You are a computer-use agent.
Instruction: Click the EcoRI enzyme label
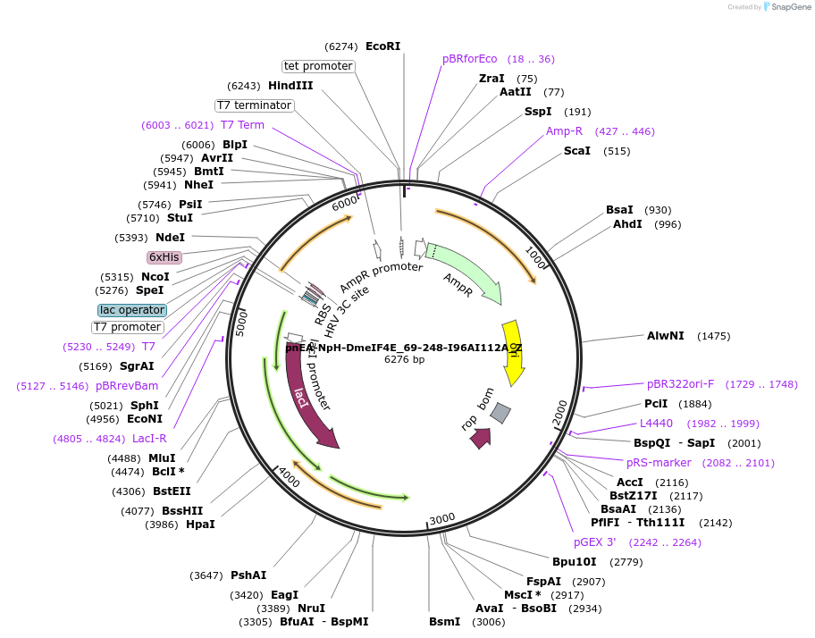click(382, 46)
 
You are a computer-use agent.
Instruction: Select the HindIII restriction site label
click(290, 86)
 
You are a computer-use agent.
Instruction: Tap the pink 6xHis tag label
click(164, 257)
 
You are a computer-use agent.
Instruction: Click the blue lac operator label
click(132, 310)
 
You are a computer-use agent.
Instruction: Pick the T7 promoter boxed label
click(128, 327)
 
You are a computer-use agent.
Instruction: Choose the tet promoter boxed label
click(318, 66)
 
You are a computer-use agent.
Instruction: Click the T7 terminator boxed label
click(255, 105)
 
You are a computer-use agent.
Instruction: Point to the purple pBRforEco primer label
click(469, 59)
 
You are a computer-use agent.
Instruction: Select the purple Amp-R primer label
click(564, 131)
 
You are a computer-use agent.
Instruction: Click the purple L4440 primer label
click(656, 424)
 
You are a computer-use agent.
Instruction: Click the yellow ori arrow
click(513, 353)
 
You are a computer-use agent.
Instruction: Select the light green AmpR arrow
click(465, 272)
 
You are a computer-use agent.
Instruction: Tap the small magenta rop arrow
click(482, 438)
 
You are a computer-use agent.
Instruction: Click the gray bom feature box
click(500, 413)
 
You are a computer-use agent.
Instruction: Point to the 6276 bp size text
click(404, 359)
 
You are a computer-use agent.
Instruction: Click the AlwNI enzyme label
click(665, 336)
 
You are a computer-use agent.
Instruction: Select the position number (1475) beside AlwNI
click(713, 337)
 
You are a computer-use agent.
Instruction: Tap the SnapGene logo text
click(786, 7)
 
